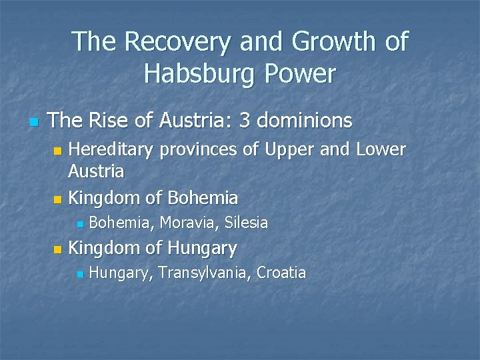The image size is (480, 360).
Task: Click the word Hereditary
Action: [111, 149]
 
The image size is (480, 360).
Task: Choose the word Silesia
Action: [247, 223]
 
